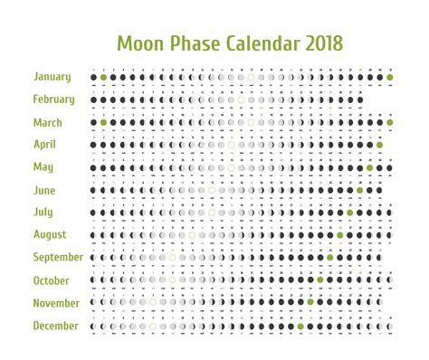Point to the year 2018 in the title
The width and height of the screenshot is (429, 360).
[322, 44]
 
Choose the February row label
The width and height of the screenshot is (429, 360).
[54, 99]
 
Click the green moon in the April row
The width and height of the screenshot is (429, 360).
[380, 145]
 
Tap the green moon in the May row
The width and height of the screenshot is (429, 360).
[370, 167]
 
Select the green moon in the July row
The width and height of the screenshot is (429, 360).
[350, 213]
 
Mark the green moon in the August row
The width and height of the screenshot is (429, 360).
[340, 235]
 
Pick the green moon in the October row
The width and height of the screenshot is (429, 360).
[320, 280]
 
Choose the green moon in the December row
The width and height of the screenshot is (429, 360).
[300, 326]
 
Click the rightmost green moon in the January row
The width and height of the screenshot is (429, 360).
[390, 77]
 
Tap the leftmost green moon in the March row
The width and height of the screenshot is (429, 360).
[104, 122]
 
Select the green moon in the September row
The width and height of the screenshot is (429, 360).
[330, 258]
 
